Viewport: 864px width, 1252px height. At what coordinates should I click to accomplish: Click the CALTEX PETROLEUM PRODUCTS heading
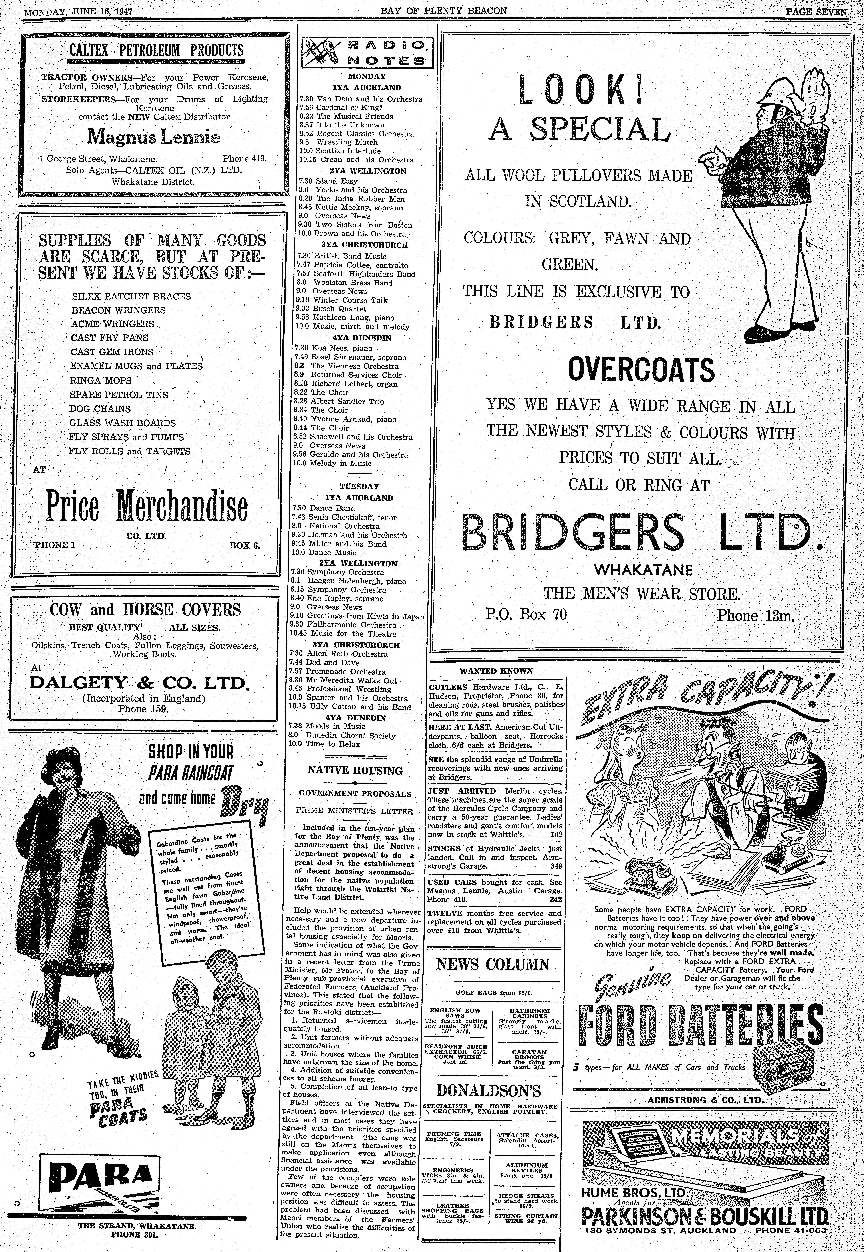point(156,50)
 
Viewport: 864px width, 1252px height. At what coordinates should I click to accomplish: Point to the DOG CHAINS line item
point(100,409)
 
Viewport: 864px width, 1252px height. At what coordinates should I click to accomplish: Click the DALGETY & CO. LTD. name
point(140,682)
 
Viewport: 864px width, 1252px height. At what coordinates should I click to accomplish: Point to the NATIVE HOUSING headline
point(355,771)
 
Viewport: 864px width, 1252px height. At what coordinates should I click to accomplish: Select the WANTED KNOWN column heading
point(496,671)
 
